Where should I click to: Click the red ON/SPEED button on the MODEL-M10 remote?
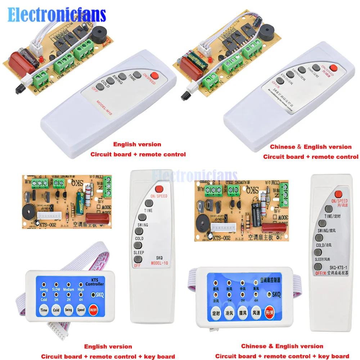155,75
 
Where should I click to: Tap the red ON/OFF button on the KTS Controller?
93,310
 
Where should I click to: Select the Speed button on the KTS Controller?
81,310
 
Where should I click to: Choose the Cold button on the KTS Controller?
56,310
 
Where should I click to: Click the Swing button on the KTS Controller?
68,310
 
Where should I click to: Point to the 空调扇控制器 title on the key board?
270,279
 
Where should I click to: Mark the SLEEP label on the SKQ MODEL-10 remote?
139,253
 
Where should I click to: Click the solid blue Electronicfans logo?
57,15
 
